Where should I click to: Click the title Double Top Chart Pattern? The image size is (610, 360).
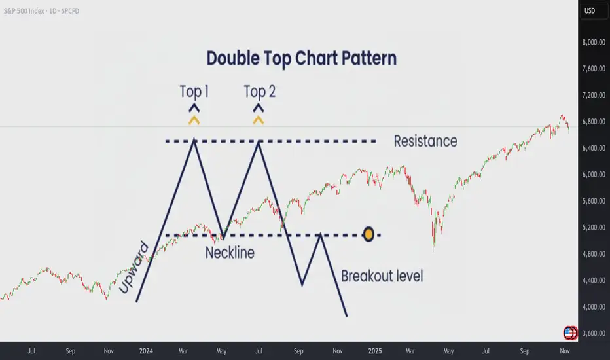tap(302, 58)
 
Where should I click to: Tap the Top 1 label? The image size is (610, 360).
tap(194, 92)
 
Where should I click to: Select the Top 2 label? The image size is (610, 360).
tap(259, 92)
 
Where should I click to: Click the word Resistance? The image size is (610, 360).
tap(425, 141)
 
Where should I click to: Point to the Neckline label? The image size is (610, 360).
tap(230, 253)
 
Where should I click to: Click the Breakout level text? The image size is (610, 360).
tap(382, 276)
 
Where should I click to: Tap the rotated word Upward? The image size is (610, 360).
tap(134, 268)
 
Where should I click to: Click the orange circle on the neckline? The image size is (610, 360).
tap(368, 234)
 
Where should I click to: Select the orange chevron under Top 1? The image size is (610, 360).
tap(194, 120)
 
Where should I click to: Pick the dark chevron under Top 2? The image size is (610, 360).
tap(259, 107)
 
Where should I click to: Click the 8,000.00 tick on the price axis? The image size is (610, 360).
tap(594, 42)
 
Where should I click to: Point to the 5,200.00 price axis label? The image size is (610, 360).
tap(594, 227)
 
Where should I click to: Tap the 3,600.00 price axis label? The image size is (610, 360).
tap(594, 333)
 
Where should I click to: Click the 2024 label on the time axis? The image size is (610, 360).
tap(146, 351)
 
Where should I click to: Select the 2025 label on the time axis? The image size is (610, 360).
tap(375, 351)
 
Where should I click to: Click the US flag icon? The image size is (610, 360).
tap(569, 333)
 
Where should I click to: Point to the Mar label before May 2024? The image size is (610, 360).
tap(183, 351)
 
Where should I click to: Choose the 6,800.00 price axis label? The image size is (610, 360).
tap(594, 122)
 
